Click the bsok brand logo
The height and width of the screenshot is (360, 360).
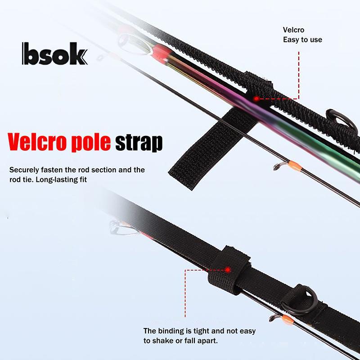point(54,54)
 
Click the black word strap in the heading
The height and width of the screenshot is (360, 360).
point(139,143)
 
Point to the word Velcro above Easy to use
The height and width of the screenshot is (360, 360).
point(293,30)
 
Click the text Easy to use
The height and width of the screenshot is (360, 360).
point(302,40)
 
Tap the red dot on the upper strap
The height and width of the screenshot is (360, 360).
point(256,99)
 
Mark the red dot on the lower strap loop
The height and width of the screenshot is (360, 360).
point(228,270)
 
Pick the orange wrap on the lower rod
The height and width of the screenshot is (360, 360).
point(288,320)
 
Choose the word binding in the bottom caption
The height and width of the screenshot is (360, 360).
point(171,331)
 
